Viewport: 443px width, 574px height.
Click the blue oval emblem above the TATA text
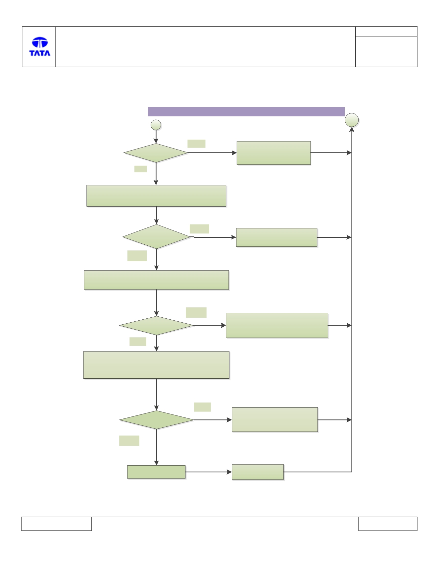coord(40,42)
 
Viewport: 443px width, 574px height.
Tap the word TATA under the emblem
coord(40,53)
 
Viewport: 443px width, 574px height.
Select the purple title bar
coord(246,111)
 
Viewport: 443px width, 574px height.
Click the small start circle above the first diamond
coord(156,125)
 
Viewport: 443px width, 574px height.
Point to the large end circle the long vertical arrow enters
coord(352,120)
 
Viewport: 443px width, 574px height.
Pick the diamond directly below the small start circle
coord(156,153)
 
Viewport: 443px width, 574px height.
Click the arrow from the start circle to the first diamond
coord(156,137)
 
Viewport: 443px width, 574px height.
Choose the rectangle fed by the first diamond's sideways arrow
coord(273,153)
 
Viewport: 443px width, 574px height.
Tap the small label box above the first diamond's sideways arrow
coord(196,144)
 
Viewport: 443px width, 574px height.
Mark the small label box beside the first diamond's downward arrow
coord(140,169)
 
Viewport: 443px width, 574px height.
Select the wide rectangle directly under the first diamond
coord(156,196)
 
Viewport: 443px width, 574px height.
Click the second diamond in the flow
coord(157,237)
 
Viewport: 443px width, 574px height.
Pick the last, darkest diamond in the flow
coord(157,420)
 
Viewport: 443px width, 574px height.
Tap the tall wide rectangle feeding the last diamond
coord(156,365)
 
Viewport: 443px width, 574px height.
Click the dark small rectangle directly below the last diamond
coord(156,472)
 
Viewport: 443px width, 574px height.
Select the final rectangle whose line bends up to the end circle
coord(258,472)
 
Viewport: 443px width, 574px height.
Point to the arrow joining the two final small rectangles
coord(209,472)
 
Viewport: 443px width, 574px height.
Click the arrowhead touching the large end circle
coord(352,130)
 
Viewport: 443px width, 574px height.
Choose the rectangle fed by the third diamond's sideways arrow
coord(277,325)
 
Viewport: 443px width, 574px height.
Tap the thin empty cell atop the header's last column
coord(386,32)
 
